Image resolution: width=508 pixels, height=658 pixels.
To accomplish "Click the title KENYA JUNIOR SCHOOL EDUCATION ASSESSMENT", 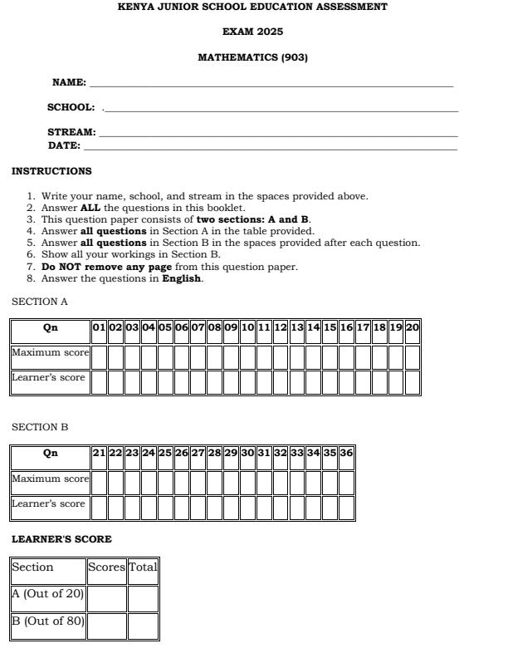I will (x=252, y=7).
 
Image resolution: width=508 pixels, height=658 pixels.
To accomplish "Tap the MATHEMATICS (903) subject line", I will (x=252, y=57).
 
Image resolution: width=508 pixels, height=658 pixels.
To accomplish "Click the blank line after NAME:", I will (x=271, y=84).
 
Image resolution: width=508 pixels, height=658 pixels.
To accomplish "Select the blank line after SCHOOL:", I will (x=280, y=109).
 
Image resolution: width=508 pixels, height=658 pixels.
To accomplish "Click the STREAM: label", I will (x=71, y=132).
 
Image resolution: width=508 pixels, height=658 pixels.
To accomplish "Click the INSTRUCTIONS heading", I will (x=51, y=171).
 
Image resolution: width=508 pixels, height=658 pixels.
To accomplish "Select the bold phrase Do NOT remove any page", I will (x=106, y=267).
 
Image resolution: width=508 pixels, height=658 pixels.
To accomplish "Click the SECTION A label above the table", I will (x=40, y=302).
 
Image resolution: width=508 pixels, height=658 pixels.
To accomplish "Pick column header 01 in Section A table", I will (x=100, y=327).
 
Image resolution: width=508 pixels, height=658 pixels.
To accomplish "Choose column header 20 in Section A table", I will (x=413, y=327).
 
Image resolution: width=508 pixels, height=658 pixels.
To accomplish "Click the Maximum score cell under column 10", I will (x=247, y=357).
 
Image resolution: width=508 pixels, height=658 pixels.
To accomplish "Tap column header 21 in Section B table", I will (x=100, y=453).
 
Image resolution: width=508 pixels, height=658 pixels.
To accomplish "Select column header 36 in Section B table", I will (x=346, y=453).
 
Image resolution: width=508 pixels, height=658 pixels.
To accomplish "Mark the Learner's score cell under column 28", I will (x=214, y=508).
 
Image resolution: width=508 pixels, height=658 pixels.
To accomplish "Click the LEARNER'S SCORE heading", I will (x=61, y=539).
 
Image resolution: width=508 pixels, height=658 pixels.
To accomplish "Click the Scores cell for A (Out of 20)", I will (x=107, y=598).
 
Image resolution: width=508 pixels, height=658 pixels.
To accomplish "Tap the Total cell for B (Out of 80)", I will (x=143, y=626).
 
